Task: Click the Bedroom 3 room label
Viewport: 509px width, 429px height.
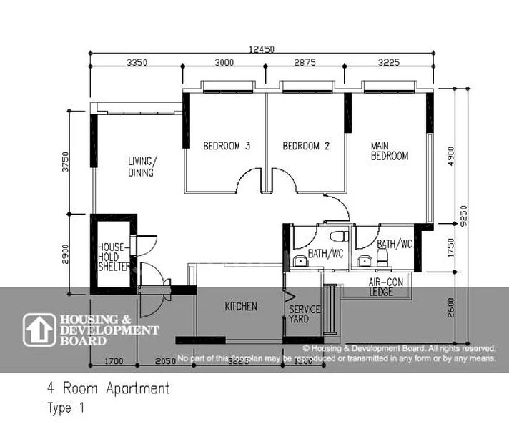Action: pos(226,147)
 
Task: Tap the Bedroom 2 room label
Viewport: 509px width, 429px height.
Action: pos(306,147)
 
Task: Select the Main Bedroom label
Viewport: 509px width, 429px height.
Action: pos(389,151)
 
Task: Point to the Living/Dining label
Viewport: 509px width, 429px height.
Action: pos(142,167)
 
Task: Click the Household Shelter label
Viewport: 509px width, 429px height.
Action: pos(114,257)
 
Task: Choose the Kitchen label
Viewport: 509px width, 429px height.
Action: pos(241,307)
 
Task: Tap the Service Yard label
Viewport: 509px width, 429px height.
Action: pos(305,314)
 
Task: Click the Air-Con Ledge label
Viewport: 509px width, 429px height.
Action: pos(386,287)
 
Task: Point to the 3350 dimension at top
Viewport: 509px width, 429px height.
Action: pos(137,62)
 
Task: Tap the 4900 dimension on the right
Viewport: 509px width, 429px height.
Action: pos(450,156)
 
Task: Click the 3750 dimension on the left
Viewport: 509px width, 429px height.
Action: pos(66,162)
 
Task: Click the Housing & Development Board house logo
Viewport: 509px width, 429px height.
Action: pos(39,330)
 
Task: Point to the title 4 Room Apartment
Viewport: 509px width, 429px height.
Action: pos(109,389)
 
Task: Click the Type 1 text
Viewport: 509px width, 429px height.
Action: pos(66,410)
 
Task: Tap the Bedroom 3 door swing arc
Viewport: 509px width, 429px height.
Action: pos(249,179)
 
